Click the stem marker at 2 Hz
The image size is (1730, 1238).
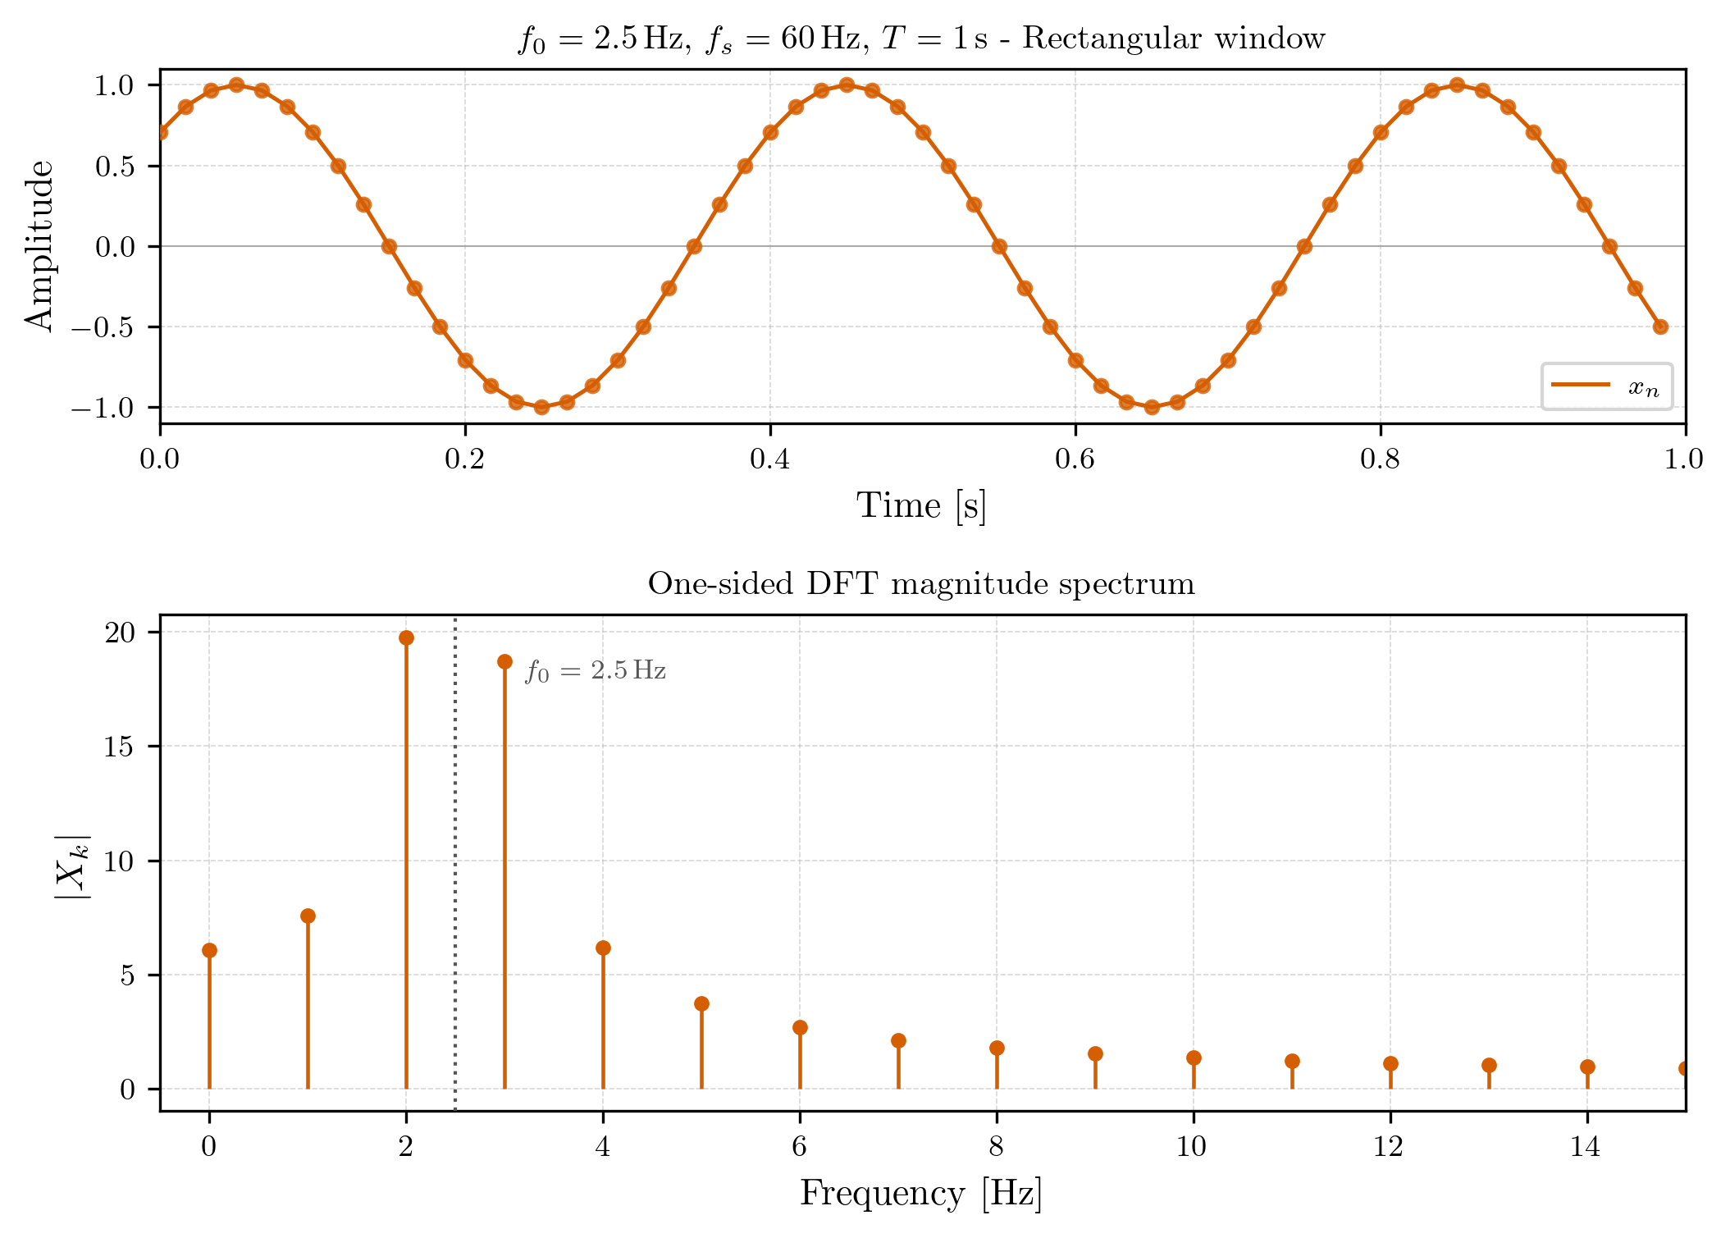[x=406, y=637]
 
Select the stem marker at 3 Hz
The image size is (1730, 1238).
[x=504, y=661]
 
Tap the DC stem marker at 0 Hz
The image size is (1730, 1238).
[x=209, y=950]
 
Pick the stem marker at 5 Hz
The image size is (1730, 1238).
[x=701, y=1003]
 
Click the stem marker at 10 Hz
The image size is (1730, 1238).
[x=1194, y=1058]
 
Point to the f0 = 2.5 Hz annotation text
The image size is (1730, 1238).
[x=595, y=671]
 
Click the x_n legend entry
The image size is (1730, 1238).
[x=1606, y=386]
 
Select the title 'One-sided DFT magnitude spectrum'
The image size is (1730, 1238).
[x=921, y=584]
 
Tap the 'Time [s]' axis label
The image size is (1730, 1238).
[x=921, y=505]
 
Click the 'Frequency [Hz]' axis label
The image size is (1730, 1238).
[x=921, y=1193]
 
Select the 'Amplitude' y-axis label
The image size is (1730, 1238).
[x=38, y=245]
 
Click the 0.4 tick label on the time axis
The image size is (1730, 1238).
[x=769, y=459]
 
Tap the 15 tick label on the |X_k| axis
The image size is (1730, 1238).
[x=120, y=746]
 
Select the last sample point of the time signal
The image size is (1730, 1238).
[x=1660, y=327]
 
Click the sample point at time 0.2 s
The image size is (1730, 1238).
[x=465, y=360]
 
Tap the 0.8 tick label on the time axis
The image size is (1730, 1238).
[x=1380, y=459]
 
